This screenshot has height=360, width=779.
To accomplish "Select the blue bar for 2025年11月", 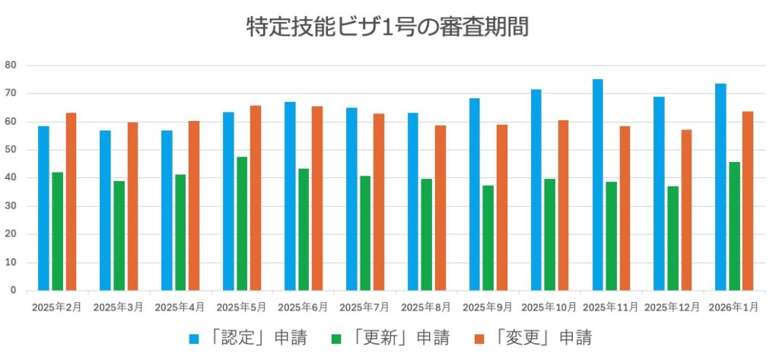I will coord(597,185).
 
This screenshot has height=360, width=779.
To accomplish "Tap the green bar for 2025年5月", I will coord(242,224).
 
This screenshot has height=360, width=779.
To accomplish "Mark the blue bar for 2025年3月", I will coord(105,210).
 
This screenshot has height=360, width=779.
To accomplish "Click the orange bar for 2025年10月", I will coord(563,205).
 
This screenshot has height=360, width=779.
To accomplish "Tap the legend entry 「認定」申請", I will coord(248,337).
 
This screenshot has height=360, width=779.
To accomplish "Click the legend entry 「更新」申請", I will coord(390,337).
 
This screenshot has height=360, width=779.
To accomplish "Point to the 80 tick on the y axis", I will coord(11,65).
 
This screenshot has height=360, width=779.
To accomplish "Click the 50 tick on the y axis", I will coord(11,150).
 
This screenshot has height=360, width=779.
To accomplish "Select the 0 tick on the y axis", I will coord(14,290).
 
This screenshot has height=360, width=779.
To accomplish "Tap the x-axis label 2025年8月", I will coord(426,307).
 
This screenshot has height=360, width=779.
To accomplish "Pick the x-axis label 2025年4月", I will coord(180,307).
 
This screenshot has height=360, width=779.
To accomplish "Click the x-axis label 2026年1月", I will coord(734,307).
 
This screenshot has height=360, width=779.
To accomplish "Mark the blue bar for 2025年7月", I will coord(351,199).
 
